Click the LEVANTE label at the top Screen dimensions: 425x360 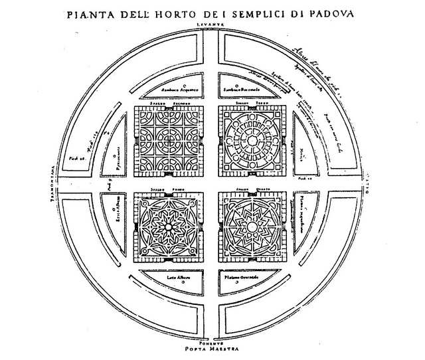(x=212, y=24)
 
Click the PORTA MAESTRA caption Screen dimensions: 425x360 (x=212, y=347)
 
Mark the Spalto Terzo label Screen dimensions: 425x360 (x=253, y=104)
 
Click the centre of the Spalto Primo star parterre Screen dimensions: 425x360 (x=171, y=226)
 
